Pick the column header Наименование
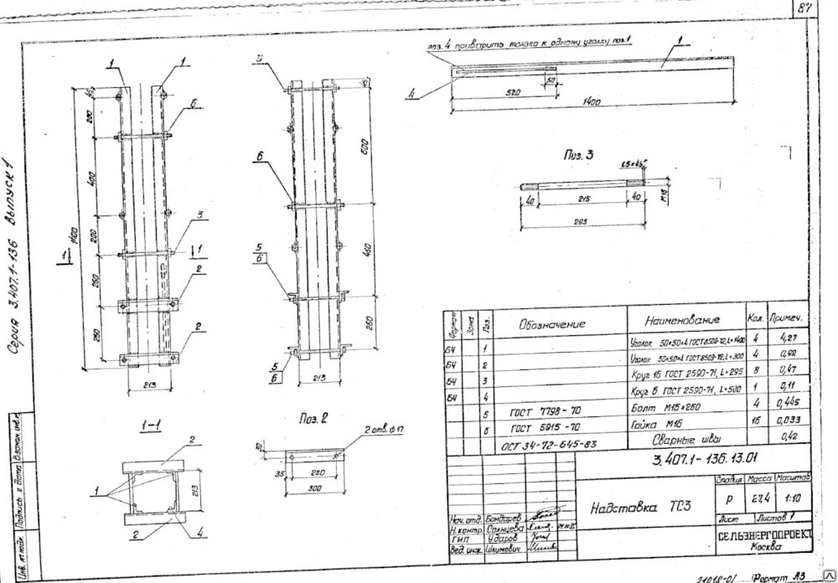tap(682, 321)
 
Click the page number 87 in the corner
tap(806, 8)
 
